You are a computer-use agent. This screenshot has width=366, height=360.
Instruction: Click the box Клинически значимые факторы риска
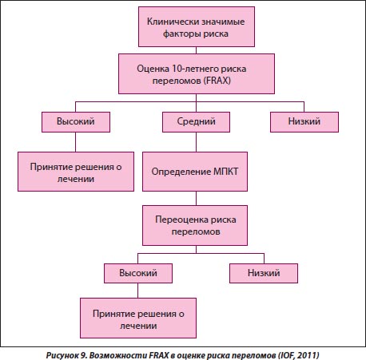pyautogui.click(x=197, y=27)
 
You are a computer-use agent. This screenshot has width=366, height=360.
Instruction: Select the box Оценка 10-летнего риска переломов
pyautogui.click(x=197, y=73)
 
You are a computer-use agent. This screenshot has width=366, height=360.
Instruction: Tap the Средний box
pyautogui.click(x=196, y=122)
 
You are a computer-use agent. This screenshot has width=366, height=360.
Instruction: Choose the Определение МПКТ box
pyautogui.click(x=195, y=172)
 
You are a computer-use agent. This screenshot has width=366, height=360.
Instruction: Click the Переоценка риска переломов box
pyautogui.click(x=195, y=225)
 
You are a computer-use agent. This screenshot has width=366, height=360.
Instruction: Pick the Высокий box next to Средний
pyautogui.click(x=76, y=122)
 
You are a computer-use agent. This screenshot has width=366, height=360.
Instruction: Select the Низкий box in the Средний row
pyautogui.click(x=304, y=122)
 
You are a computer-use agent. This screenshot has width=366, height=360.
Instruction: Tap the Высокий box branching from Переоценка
pyautogui.click(x=138, y=273)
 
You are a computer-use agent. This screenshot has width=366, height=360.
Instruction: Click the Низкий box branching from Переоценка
pyautogui.click(x=264, y=273)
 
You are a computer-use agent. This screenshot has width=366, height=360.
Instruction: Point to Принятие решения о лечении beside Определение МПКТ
pyautogui.click(x=76, y=172)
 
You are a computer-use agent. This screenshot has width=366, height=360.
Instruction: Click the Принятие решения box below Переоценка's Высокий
pyautogui.click(x=138, y=318)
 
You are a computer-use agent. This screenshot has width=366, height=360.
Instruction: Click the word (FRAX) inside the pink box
pyautogui.click(x=217, y=81)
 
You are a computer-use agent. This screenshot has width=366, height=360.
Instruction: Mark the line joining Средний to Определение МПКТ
pyautogui.click(x=196, y=142)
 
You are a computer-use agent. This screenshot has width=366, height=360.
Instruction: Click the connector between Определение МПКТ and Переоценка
pyautogui.click(x=196, y=198)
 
